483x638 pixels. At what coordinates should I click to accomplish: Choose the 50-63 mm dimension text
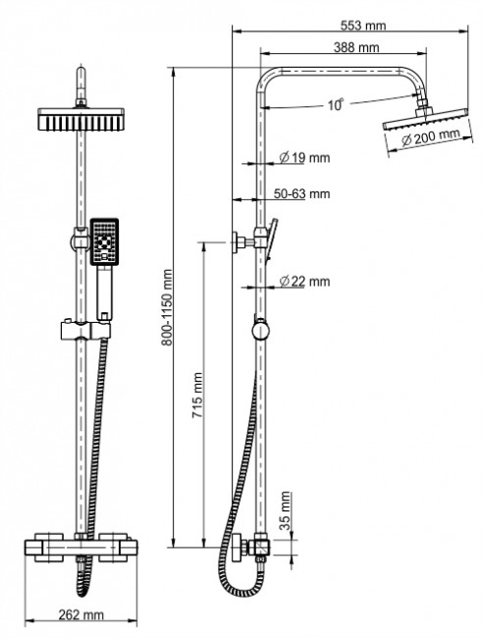click(303, 193)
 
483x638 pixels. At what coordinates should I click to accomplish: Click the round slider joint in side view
click(258, 330)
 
